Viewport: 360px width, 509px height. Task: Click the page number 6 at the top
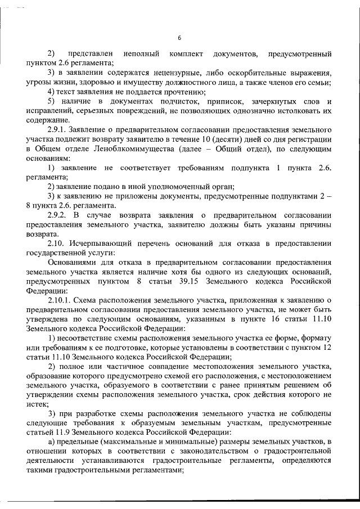(x=179, y=38)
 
